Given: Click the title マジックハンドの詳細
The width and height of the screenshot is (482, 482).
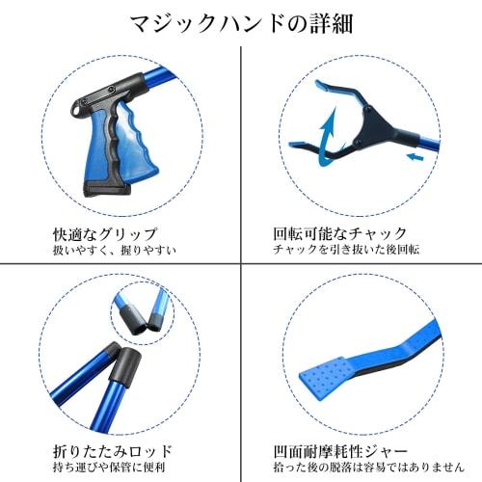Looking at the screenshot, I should click(x=241, y=20).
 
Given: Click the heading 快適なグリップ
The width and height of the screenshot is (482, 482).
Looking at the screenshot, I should click(x=104, y=233).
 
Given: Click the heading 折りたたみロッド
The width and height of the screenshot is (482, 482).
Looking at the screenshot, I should click(x=99, y=450).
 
